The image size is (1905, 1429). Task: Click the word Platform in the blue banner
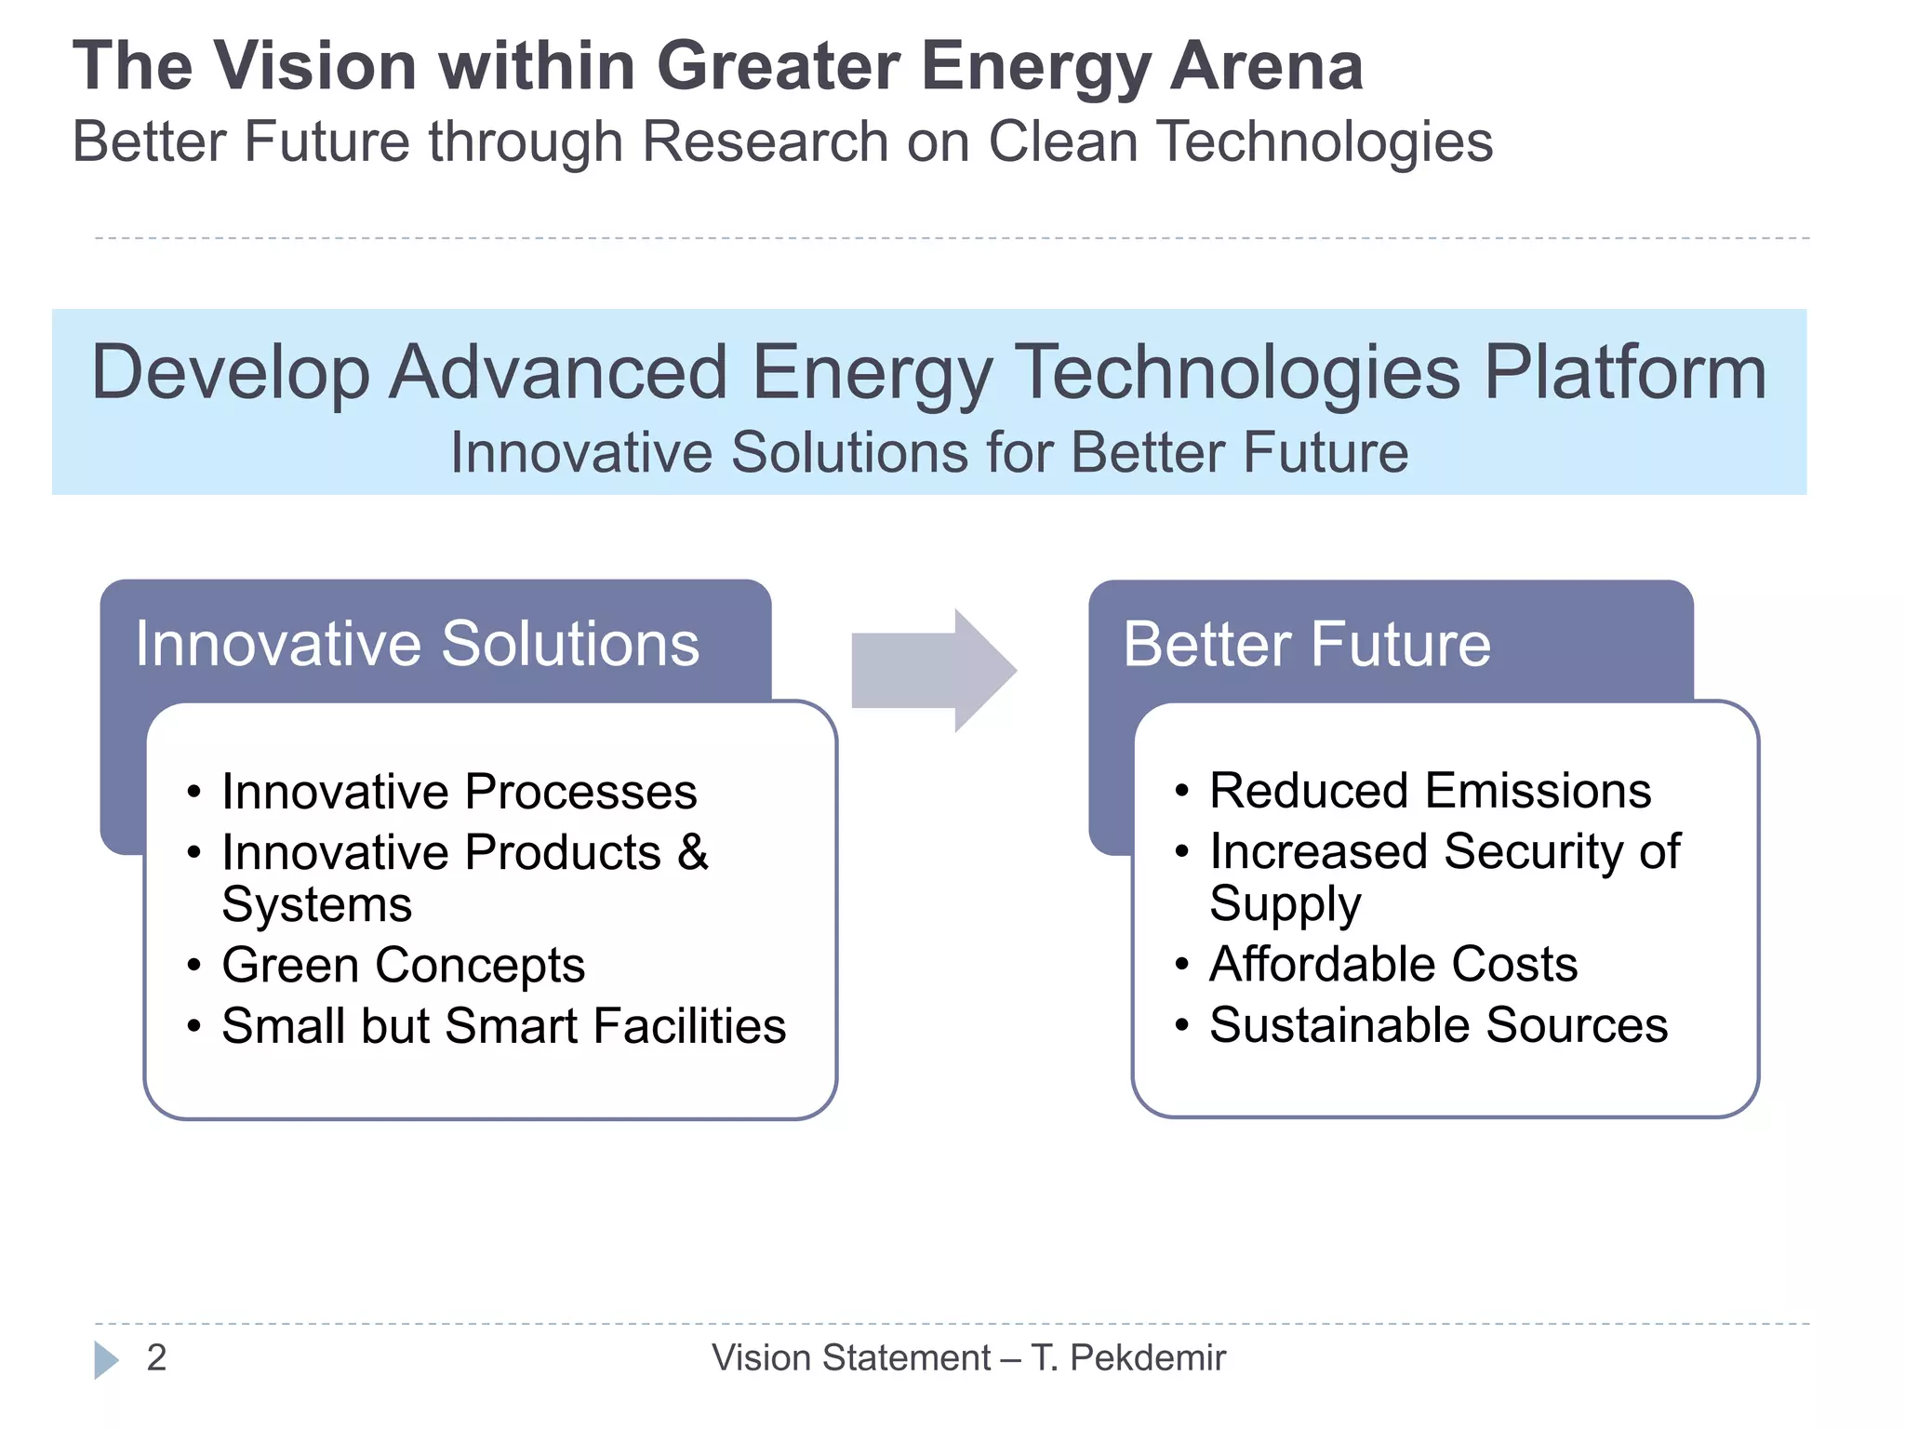pos(1624,373)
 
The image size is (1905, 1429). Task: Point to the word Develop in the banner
pos(231,373)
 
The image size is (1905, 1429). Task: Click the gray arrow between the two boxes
pos(933,670)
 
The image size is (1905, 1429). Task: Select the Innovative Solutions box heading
pos(417,644)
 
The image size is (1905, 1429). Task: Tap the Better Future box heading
pos(1306,644)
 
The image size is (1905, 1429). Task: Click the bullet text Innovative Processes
pos(459,792)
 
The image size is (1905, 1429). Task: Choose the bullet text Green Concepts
pos(403,965)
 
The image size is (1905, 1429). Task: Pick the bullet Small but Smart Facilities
pos(503,1025)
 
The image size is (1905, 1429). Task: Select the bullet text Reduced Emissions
pos(1430,791)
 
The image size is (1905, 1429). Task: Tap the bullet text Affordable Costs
pos(1392,964)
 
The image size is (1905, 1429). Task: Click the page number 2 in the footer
pos(156,1358)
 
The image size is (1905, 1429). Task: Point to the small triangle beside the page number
pos(106,1360)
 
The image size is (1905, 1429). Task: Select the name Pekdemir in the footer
pos(1147,1358)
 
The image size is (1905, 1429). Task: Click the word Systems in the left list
pos(316,904)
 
